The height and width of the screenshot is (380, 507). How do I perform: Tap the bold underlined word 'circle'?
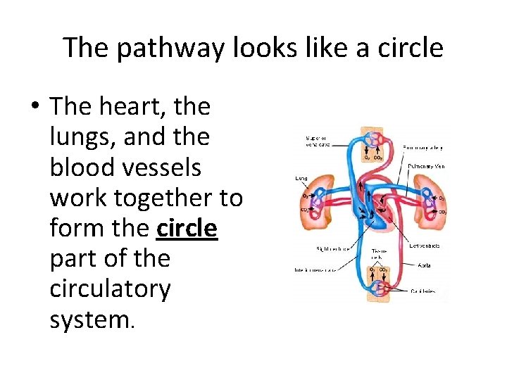coord(187,228)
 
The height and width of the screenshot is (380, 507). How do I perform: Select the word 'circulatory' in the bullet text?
coord(110,289)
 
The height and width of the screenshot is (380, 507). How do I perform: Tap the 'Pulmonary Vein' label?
coord(426,167)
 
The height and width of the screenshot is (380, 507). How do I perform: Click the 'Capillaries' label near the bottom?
coord(424,290)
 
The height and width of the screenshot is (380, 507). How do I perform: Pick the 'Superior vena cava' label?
coord(318,141)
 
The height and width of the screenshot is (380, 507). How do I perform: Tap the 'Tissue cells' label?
coord(380,253)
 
